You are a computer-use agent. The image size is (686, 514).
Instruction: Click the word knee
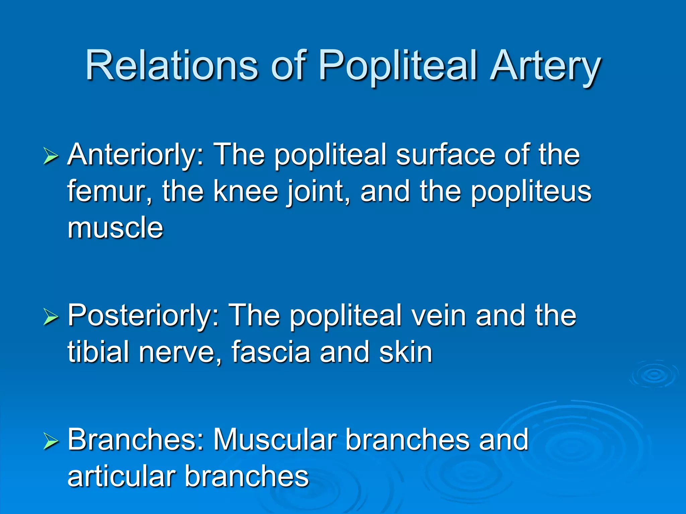tap(246, 191)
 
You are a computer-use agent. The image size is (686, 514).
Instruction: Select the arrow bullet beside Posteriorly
tap(51, 317)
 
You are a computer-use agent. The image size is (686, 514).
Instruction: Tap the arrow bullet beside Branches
tap(51, 441)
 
